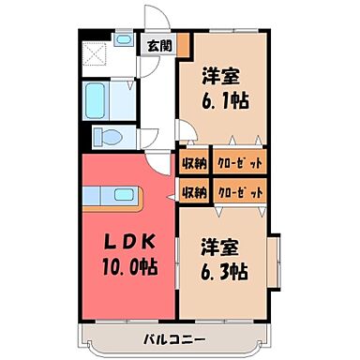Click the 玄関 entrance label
coord(157,45)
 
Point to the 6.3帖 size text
coord(226,272)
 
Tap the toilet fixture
coord(111,137)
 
